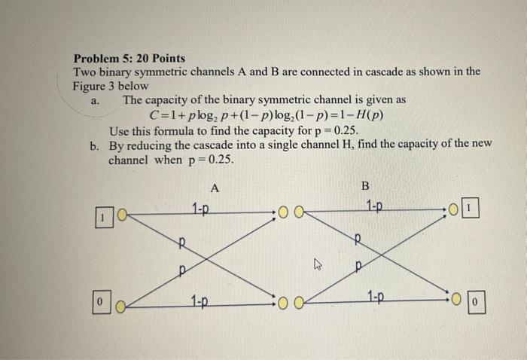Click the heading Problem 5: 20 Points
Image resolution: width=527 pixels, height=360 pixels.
tap(129, 58)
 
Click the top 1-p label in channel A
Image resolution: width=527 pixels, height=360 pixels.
tap(201, 209)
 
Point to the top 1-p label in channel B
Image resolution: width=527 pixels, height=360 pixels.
tap(374, 206)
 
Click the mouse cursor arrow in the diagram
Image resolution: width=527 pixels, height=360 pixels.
tap(318, 264)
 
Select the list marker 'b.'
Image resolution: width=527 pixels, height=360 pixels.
tap(94, 145)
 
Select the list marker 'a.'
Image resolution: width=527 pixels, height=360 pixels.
tap(95, 100)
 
